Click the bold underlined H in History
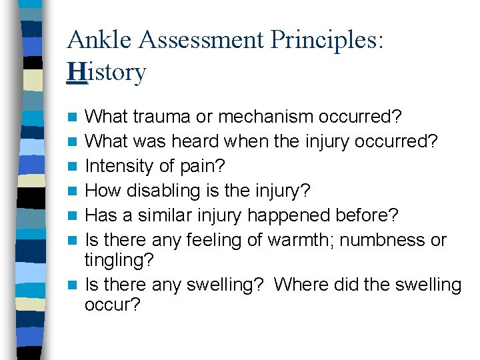point(77,72)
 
